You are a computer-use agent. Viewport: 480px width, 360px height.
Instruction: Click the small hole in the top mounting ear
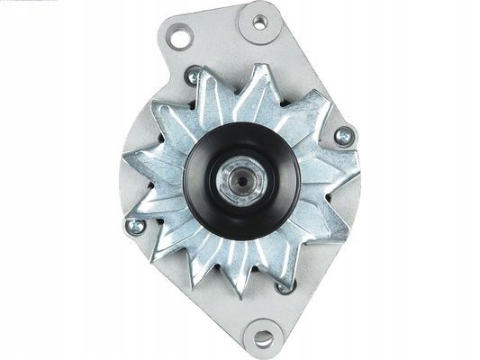point(260,22)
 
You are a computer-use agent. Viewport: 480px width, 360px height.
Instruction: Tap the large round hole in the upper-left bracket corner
point(179,38)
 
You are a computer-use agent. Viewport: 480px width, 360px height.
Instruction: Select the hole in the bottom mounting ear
point(263,339)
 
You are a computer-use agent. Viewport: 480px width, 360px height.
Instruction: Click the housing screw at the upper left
point(192,78)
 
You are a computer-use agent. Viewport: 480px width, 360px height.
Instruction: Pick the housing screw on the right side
point(342,136)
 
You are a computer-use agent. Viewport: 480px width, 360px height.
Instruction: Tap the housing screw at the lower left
point(136,226)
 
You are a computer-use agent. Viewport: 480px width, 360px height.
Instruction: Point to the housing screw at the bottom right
point(285,288)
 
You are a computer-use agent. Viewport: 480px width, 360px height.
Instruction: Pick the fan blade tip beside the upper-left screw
point(209,75)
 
